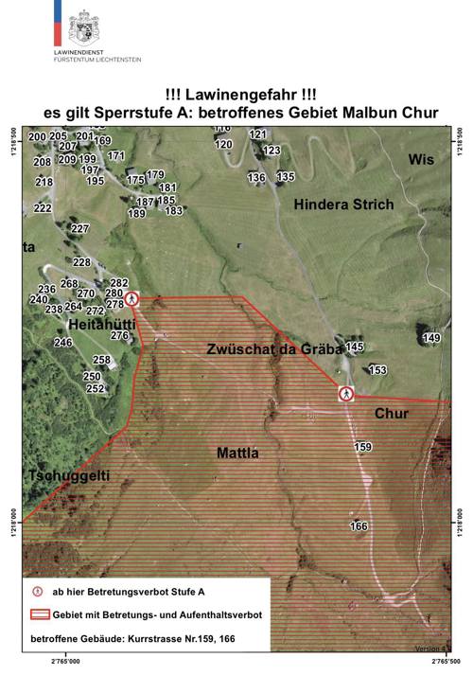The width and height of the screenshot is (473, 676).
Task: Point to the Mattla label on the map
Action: coord(237,453)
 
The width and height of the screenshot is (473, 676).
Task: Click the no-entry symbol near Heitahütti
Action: coord(132,299)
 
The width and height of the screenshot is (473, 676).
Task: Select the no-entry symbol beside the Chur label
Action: coord(347,394)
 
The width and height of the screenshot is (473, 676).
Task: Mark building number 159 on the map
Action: coord(362,447)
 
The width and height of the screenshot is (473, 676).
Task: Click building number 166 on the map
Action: coord(359,525)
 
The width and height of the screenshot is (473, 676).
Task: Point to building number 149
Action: coord(432,338)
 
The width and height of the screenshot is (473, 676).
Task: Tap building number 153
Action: coord(378,370)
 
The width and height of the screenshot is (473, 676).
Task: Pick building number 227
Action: coord(79,229)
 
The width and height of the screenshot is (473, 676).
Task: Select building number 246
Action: coord(62,342)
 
